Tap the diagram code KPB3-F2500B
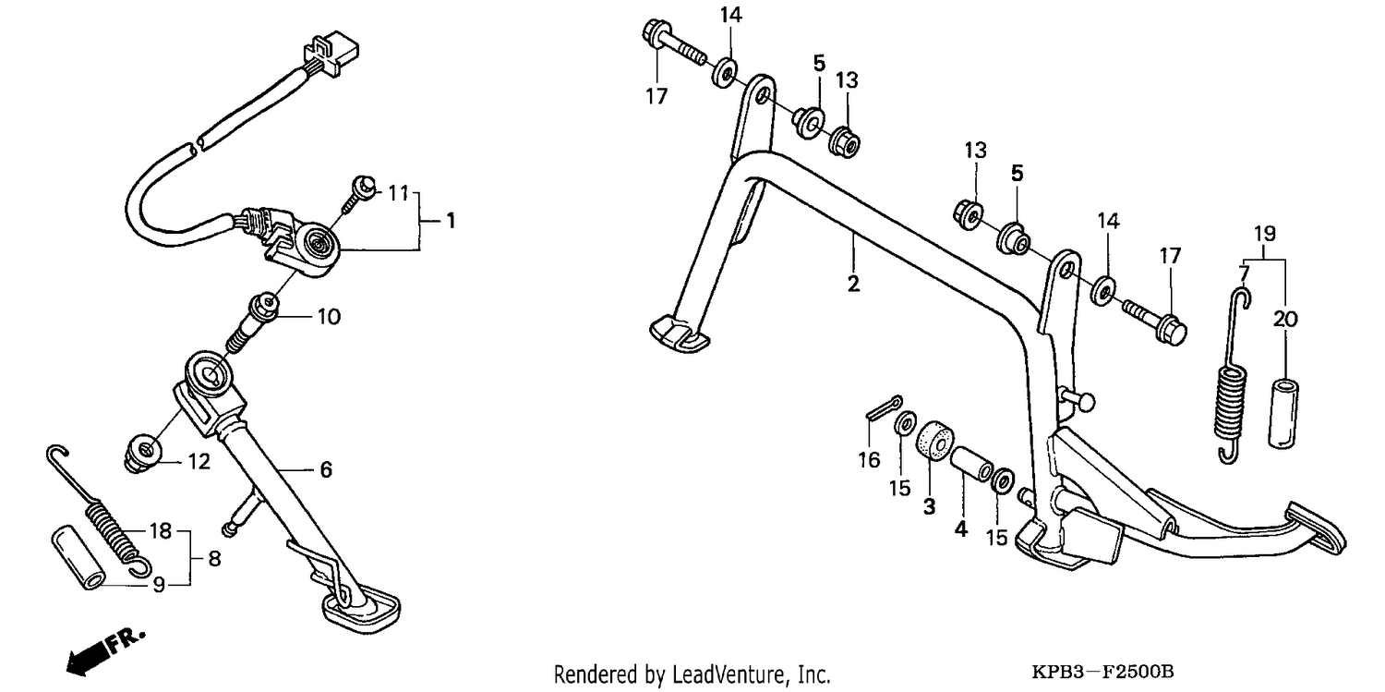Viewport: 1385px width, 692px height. coord(1102,671)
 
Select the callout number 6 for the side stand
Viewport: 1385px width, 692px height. coord(326,470)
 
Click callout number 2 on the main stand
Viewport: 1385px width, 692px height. coord(853,284)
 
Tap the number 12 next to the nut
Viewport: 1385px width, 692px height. coord(199,461)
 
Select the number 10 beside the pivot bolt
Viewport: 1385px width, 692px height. coord(329,317)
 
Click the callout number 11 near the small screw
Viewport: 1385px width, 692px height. coord(399,194)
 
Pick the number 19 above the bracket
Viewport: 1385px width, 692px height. coord(1265,234)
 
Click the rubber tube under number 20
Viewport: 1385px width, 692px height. coord(1283,413)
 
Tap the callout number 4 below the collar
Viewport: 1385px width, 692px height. coord(961,529)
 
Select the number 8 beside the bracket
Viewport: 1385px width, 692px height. coord(214,559)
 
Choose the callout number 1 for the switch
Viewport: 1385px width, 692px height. coord(451,221)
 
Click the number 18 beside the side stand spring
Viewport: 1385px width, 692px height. coord(161,530)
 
